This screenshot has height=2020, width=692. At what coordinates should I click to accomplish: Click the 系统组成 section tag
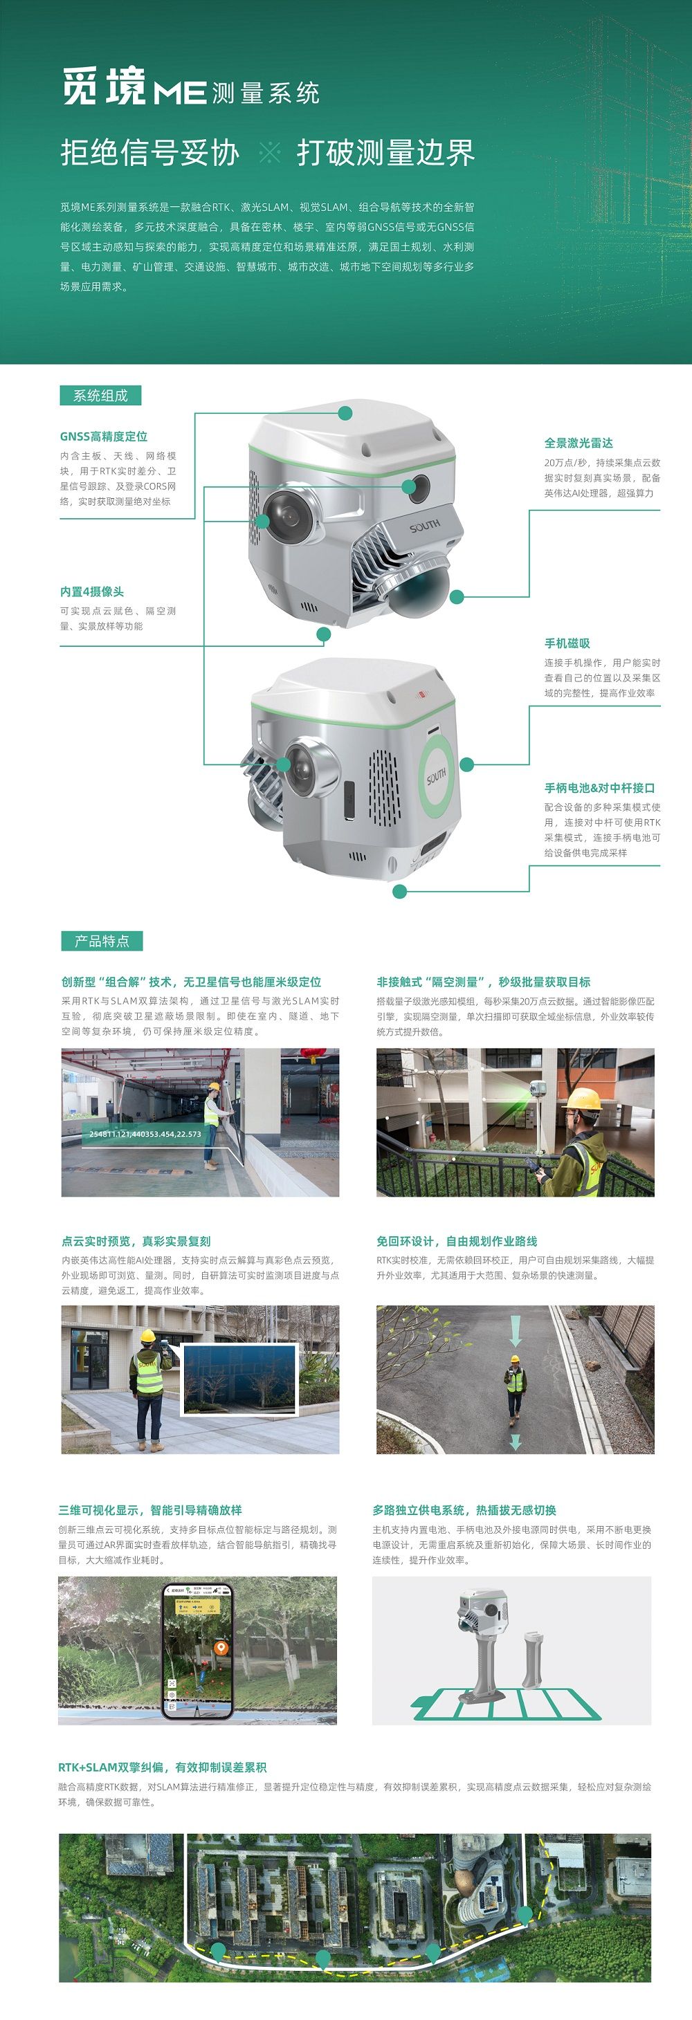[100, 395]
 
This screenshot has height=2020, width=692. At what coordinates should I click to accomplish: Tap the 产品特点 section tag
[102, 941]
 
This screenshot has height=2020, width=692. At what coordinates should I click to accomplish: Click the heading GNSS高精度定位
[104, 436]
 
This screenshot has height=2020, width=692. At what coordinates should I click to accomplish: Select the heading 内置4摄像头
[92, 591]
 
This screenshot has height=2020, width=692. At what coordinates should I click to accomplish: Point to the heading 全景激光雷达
[579, 442]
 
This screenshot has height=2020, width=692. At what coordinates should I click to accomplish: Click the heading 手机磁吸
[567, 643]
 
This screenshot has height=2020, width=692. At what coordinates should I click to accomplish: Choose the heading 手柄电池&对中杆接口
[599, 787]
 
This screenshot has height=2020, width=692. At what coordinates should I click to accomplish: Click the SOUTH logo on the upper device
[424, 526]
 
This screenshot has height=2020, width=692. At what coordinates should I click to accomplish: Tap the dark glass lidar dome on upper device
[417, 592]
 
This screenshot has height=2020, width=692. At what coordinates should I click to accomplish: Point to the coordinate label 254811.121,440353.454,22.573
[145, 1134]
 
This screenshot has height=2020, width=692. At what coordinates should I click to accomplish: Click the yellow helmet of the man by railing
[584, 1099]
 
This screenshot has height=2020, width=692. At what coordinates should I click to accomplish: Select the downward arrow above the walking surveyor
[516, 1332]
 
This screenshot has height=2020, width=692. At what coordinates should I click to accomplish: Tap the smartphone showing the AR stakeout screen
[197, 1652]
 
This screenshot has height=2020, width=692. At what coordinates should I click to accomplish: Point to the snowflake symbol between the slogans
[269, 152]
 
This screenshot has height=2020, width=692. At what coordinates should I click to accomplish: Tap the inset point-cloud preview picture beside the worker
[239, 1381]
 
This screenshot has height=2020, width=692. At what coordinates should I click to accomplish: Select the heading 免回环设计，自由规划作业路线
[457, 1241]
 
